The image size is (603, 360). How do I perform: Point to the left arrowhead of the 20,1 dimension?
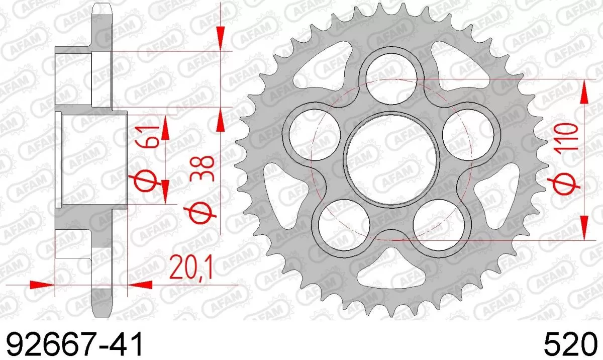(41, 285)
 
